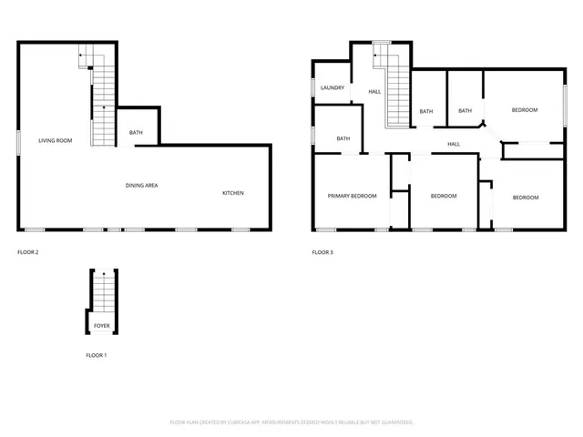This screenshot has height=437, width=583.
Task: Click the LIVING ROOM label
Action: [x=55, y=140]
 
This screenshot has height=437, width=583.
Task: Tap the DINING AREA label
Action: [x=142, y=186]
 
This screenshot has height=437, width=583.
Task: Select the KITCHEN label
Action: [x=233, y=193]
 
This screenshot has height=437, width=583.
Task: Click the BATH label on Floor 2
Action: [x=136, y=133]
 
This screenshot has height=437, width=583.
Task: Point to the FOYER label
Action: [x=102, y=325]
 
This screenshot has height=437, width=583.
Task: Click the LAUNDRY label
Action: [x=332, y=88]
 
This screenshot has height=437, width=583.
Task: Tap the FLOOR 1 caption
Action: [x=96, y=355]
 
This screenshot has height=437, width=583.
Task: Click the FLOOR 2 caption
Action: [x=28, y=251]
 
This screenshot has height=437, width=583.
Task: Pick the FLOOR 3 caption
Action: [x=322, y=251]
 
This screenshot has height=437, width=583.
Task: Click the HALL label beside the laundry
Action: [x=374, y=92]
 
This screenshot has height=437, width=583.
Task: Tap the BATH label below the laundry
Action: [x=343, y=138]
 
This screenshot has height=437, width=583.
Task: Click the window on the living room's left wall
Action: [x=18, y=141]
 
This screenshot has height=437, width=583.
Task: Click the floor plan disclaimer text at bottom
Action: [x=291, y=422]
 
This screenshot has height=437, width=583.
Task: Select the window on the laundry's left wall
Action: [x=312, y=87]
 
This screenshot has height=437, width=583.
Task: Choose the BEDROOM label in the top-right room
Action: [x=524, y=110]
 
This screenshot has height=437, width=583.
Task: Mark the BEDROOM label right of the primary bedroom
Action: [x=443, y=197]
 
